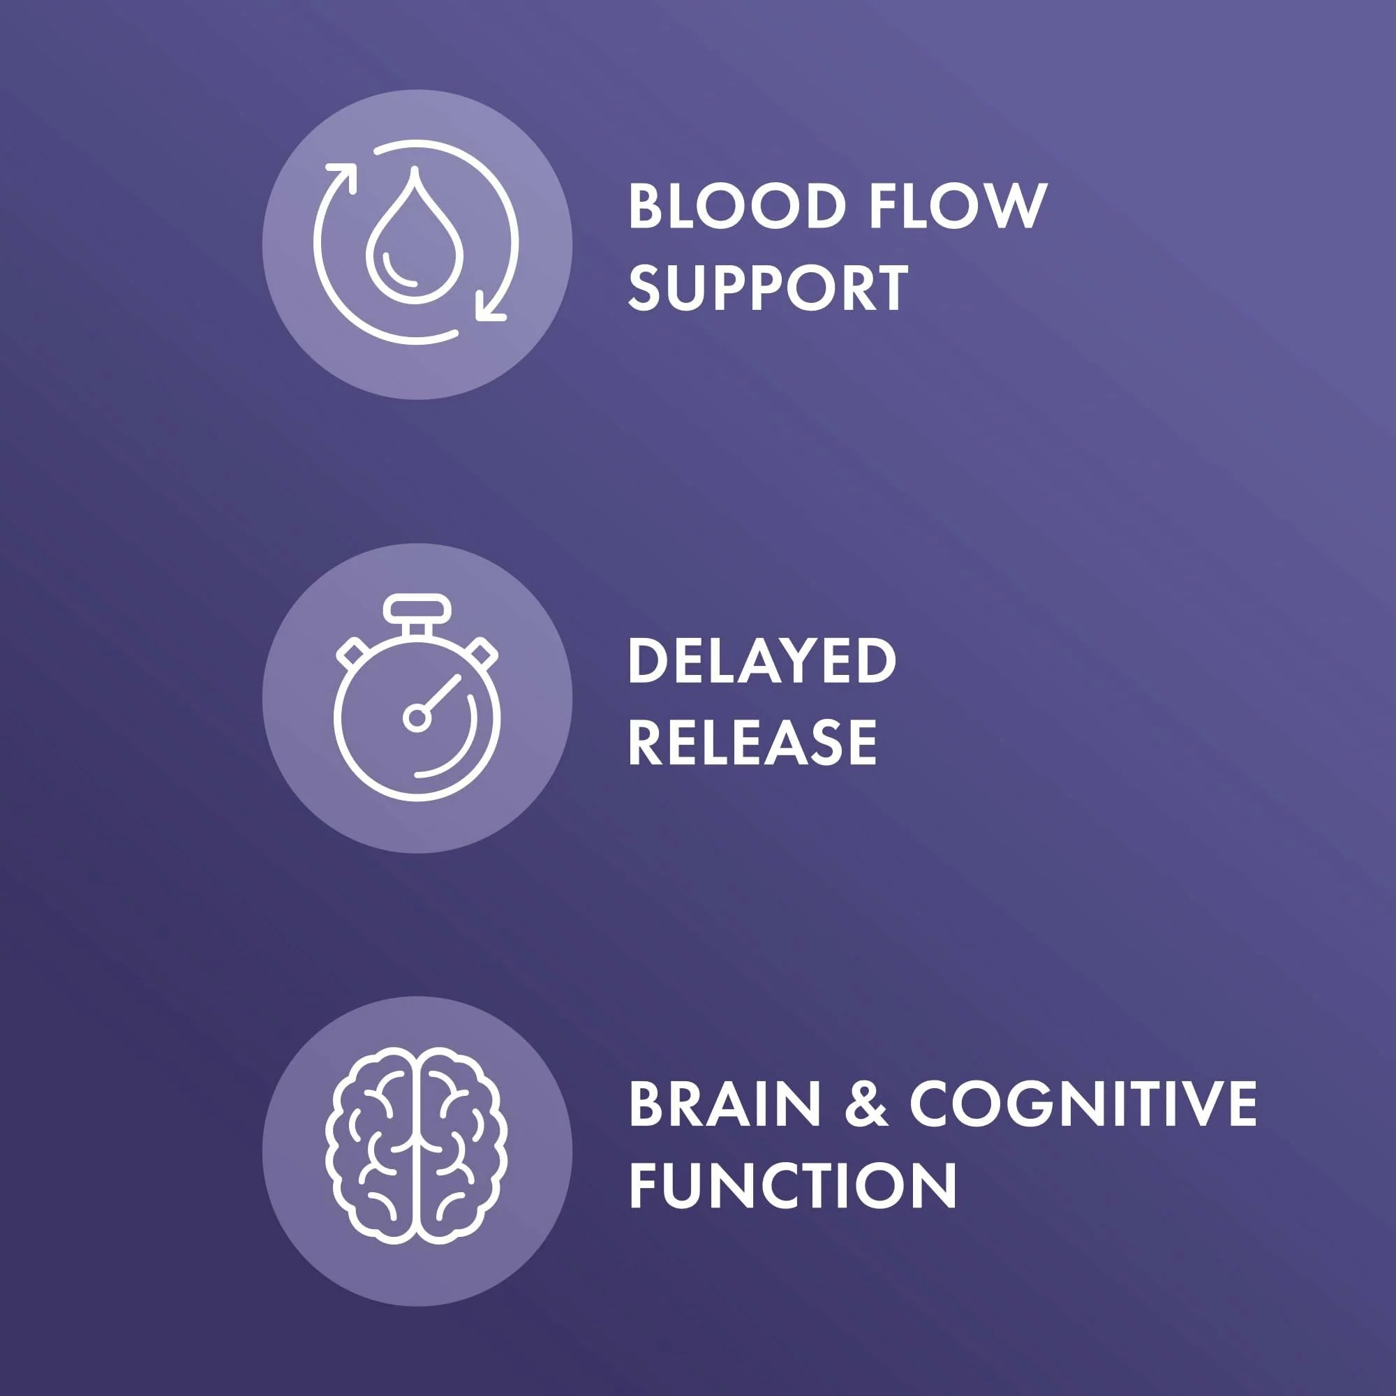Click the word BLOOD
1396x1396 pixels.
click(x=737, y=207)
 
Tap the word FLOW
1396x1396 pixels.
click(x=958, y=207)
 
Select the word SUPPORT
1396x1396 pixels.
click(x=768, y=288)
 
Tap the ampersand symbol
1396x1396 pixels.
click(x=865, y=1104)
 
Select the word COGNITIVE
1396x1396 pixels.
click(x=1083, y=1104)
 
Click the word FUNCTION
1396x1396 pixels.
click(x=793, y=1185)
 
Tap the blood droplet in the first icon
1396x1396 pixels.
click(x=413, y=235)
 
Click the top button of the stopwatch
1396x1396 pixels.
click(x=417, y=608)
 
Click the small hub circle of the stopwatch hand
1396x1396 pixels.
click(x=417, y=718)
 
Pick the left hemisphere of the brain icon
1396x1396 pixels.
click(x=369, y=1147)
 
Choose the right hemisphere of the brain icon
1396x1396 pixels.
click(x=463, y=1147)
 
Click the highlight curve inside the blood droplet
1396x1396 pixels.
click(x=397, y=272)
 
